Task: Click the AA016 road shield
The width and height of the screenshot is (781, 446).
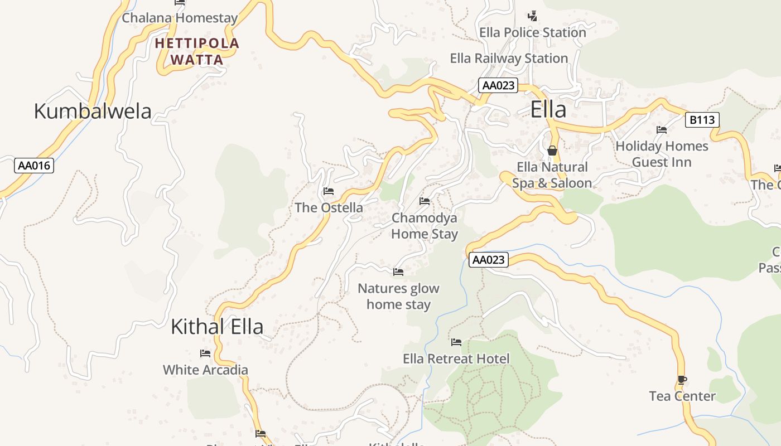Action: coord(33,166)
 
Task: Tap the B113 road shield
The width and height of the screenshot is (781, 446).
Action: coord(702,119)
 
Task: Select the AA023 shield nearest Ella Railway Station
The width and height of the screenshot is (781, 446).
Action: coord(498,85)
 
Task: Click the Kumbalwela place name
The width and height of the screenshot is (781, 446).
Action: coord(93,111)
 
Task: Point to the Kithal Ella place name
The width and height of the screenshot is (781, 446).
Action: coord(217,327)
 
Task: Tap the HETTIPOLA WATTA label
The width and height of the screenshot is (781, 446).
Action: coord(197,51)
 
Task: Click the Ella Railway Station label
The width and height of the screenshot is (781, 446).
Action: coord(509,58)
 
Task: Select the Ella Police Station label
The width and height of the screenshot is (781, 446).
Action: coord(533,33)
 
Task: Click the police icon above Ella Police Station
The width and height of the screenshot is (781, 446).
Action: coord(533,15)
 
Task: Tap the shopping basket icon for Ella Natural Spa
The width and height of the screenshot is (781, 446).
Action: coord(552,151)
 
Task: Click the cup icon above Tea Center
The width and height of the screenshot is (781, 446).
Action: coord(682,380)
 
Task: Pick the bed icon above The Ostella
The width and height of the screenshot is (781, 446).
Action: coord(329,191)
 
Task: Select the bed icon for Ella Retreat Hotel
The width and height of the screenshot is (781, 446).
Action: coord(456,342)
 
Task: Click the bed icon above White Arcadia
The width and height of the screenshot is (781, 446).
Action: coord(205,353)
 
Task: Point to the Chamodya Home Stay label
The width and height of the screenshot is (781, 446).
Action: coord(425,226)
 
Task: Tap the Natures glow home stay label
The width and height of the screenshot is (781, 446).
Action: coord(398,296)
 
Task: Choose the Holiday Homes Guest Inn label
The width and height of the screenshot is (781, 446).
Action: coord(662,154)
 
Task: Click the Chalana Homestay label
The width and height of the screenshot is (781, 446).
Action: coord(180,18)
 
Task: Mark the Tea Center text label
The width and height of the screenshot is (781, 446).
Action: coord(682,396)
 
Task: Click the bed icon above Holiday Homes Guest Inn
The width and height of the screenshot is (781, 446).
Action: coord(662,130)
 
